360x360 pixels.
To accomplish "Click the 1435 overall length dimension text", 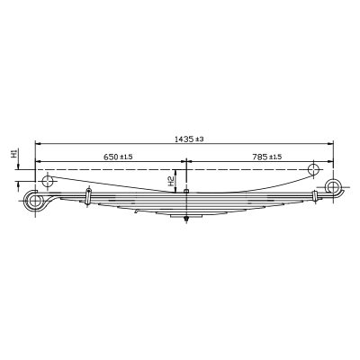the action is click(x=189, y=139).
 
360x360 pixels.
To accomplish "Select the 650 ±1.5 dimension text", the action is click(x=118, y=157).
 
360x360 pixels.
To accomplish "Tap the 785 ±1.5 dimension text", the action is click(x=267, y=157).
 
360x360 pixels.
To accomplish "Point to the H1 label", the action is click(x=14, y=153).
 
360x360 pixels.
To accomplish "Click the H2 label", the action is click(x=171, y=181).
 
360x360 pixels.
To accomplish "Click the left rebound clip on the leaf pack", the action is click(x=88, y=196).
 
